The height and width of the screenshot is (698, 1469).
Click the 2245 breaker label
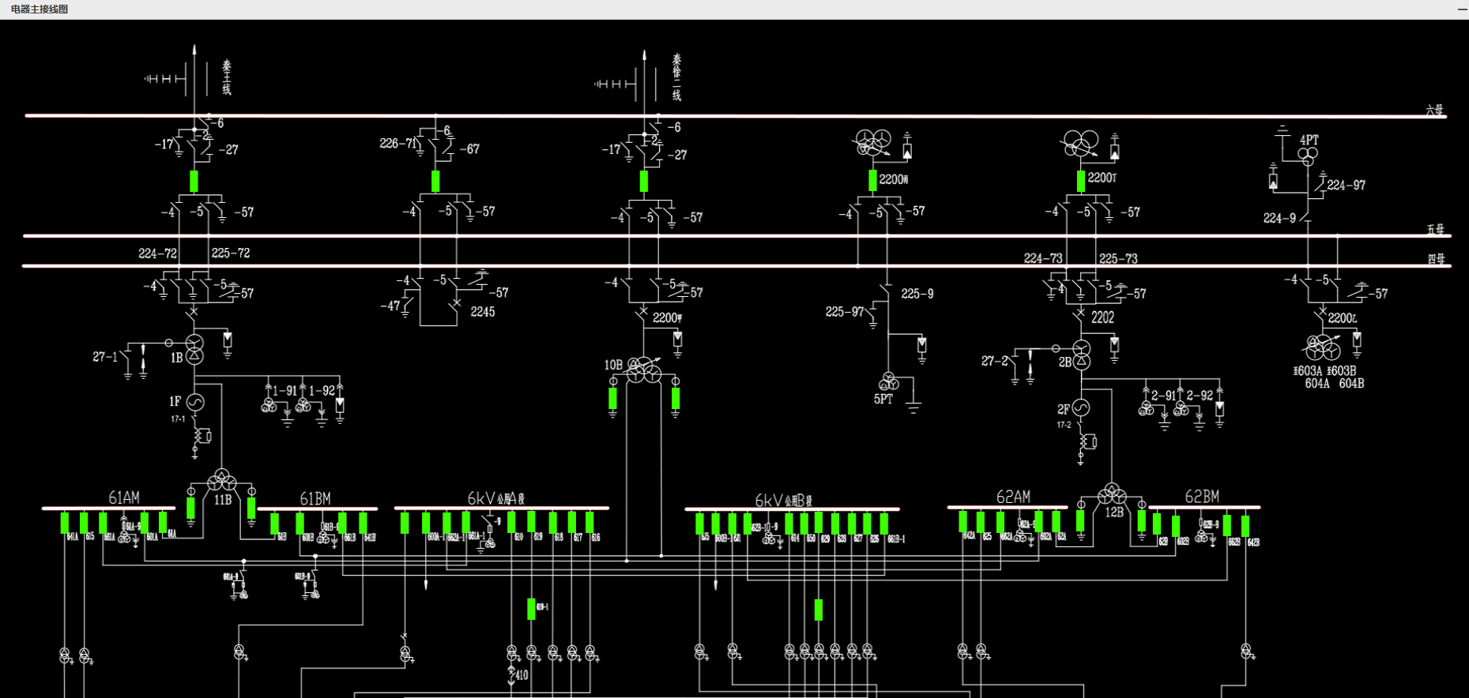click(482, 312)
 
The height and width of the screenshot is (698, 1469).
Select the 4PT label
click(1309, 140)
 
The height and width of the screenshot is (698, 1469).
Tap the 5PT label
click(883, 400)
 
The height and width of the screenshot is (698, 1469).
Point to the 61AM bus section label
click(124, 497)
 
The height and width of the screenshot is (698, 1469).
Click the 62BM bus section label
click(1201, 497)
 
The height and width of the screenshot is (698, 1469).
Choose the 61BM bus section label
click(315, 498)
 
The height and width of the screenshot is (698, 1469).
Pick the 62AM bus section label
click(1012, 497)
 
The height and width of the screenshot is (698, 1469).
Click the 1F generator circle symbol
click(195, 403)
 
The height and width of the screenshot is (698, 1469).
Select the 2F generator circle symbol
click(1081, 408)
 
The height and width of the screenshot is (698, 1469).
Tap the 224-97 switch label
click(1346, 185)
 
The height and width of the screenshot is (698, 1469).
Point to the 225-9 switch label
click(917, 294)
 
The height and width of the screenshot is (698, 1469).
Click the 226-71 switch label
click(397, 144)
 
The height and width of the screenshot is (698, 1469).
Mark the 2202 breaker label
click(1102, 317)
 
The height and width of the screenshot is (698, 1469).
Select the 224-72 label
click(157, 253)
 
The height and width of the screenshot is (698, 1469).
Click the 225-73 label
click(1118, 258)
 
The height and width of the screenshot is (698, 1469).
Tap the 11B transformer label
click(223, 500)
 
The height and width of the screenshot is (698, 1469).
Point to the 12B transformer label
click(1114, 512)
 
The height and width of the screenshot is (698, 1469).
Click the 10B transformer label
click(613, 365)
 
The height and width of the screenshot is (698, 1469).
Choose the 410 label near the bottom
click(522, 675)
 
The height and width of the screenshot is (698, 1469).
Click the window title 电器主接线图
click(40, 9)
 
